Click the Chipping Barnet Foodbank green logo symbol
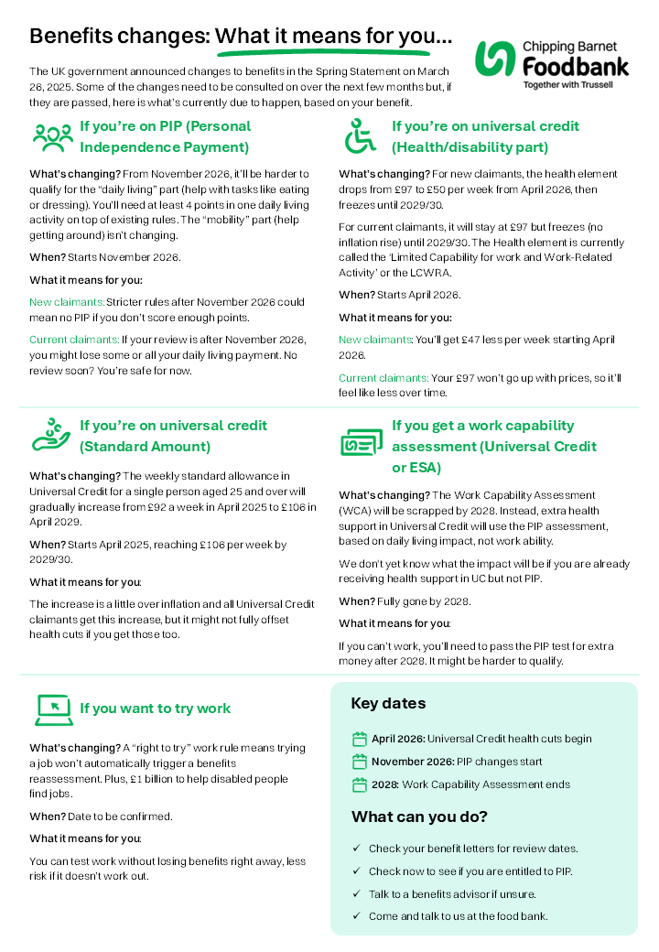[496, 59]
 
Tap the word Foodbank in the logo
[576, 65]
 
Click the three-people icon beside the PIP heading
[52, 136]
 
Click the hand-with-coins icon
[51, 435]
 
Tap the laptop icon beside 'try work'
[54, 708]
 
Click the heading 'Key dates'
[388, 703]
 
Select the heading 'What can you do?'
[419, 817]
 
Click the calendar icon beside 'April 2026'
[359, 739]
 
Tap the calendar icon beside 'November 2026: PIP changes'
[359, 762]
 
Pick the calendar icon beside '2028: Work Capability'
[359, 784]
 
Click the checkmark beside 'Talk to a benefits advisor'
[356, 894]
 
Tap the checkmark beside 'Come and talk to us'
[356, 916]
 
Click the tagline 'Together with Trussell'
[567, 84]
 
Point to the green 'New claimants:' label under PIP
[67, 301]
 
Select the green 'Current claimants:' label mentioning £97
[384, 377]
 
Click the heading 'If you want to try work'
[155, 709]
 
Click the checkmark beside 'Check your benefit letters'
[356, 849]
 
